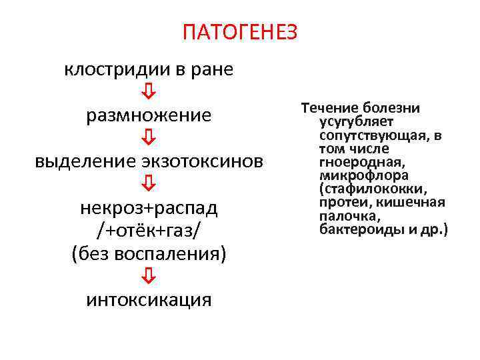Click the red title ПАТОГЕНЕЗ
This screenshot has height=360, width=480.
pyautogui.click(x=240, y=32)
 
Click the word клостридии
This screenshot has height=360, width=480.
pyautogui.click(x=105, y=70)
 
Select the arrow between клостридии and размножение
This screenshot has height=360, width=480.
pyautogui.click(x=149, y=92)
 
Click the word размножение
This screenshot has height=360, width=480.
pyautogui.click(x=149, y=115)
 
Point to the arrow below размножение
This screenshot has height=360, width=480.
pyautogui.click(x=149, y=138)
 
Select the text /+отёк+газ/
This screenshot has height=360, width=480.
pyautogui.click(x=149, y=230)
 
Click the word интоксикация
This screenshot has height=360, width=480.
pyautogui.click(x=149, y=300)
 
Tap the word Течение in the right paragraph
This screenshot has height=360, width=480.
pyautogui.click(x=327, y=108)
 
